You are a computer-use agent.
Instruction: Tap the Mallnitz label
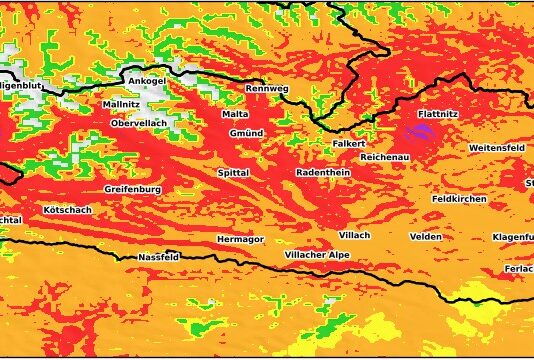pos(121,104)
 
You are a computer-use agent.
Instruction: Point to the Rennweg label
pos(267,89)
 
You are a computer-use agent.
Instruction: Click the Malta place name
pos(235,115)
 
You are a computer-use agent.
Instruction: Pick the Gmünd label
pos(246,133)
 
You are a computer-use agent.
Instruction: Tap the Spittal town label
pos(233,173)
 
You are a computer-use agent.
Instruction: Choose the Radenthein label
pos(323,173)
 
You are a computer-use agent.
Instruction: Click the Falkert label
pos(349,144)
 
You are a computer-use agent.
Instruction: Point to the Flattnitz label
pos(438,114)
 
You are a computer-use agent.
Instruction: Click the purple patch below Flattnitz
pos(420,132)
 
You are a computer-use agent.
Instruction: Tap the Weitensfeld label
pos(497,147)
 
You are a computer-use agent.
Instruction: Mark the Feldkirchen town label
pos(459,199)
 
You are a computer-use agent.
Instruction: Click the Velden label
pos(425,236)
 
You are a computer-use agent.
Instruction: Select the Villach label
pos(354,234)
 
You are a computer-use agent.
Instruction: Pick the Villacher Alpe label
pos(317,256)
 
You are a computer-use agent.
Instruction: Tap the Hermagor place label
pos(241,240)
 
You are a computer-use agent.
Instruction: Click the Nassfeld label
pos(158,257)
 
